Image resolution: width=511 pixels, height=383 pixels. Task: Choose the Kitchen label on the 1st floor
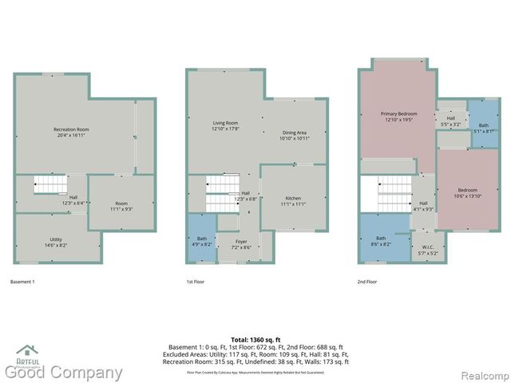coord(294,200)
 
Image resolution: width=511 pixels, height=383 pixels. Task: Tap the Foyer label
coord(241,243)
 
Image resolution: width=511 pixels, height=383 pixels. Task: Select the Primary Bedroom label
coord(398,116)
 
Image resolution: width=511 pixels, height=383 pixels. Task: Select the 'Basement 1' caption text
coord(22,282)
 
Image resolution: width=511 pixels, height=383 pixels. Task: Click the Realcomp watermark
coord(477,373)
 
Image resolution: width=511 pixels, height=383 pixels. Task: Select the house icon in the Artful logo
coord(27,349)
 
